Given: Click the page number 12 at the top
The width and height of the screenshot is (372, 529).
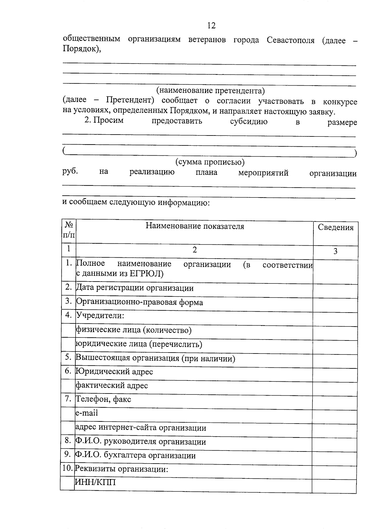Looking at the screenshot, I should pos(211,25).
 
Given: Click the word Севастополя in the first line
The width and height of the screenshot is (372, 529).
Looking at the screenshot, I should pos(290,40).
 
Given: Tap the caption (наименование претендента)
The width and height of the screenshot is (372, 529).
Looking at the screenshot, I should pos(210,91).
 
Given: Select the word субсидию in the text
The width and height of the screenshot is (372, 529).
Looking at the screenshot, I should pos(249,121).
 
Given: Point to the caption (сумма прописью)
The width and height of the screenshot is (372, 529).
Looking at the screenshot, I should pos(210,162).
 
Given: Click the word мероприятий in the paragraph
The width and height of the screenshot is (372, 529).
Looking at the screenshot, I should pos(263,173).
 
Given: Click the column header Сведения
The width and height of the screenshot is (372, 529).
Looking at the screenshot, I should pos(335,228).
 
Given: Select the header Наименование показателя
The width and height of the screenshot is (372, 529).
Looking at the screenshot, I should pos(195,226).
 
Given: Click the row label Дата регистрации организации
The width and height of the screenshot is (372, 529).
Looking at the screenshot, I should pos(135,288).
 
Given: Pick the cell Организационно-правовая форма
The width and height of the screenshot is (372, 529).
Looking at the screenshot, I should pos(139,302).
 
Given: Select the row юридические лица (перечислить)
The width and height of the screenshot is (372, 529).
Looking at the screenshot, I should pos(139,344).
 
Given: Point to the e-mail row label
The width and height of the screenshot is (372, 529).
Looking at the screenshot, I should pos(87,413).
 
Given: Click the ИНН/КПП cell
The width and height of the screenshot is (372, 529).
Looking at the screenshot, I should pos(95,482).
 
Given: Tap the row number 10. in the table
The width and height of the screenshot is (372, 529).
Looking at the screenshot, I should pos(68,468).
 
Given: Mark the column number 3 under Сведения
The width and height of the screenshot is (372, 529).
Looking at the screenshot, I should pos(335,251).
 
